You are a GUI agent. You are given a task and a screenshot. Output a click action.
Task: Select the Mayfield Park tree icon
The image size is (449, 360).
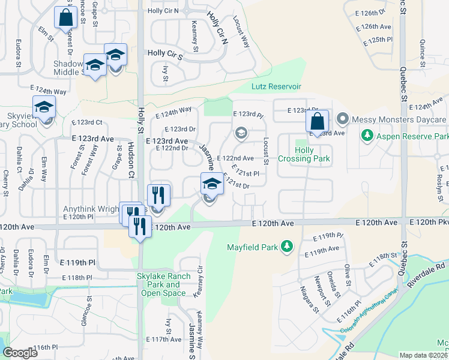pyautogui.click(x=287, y=246)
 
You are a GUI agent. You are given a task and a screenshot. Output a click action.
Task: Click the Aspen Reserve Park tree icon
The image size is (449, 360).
pyautogui.click(x=367, y=136)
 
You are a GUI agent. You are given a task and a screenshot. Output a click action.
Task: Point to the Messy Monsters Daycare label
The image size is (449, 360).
pyautogui.click(x=399, y=119)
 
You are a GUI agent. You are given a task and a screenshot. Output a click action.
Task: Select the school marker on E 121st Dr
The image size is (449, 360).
pyautogui.click(x=211, y=184)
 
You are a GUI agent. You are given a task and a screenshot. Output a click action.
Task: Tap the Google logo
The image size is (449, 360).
pyautogui.click(x=20, y=353)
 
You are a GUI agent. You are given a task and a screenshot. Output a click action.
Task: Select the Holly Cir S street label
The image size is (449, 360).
pyautogui.click(x=164, y=53)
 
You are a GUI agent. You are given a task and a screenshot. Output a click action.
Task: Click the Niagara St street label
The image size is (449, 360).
pyautogui.click(x=310, y=300)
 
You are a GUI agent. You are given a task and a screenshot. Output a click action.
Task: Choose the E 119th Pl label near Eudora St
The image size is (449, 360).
pyautogui.click(x=78, y=262)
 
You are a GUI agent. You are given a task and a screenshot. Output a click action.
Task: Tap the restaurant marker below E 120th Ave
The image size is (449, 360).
pyautogui.click(x=140, y=226)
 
